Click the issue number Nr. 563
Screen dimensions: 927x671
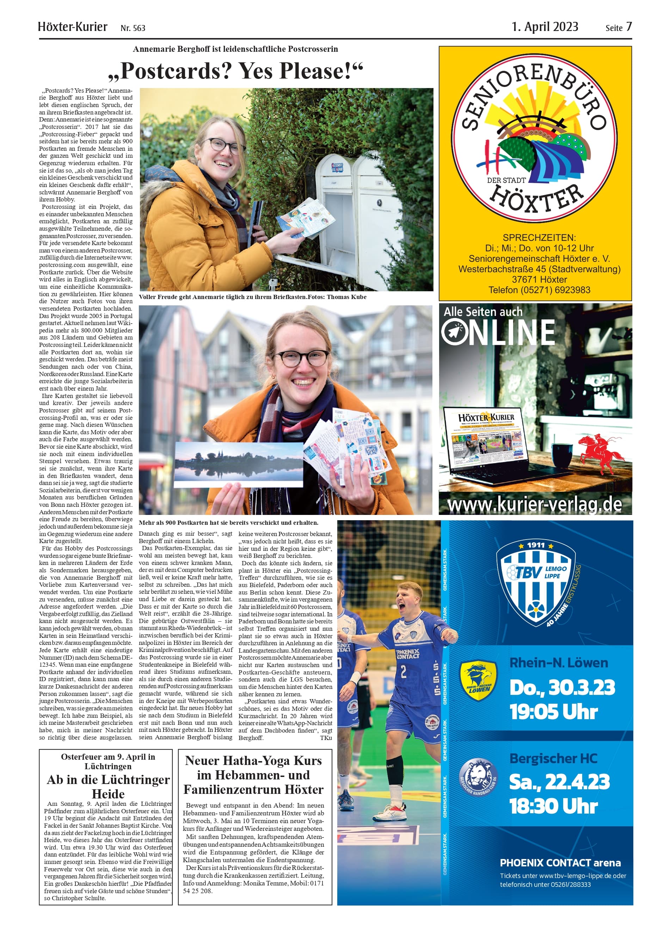click(133, 28)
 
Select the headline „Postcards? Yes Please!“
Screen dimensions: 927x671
click(235, 71)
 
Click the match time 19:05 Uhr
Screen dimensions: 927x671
click(554, 711)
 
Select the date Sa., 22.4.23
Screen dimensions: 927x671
click(559, 781)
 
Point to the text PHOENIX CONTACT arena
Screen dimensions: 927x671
click(560, 863)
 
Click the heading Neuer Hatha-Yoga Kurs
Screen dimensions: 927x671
click(253, 761)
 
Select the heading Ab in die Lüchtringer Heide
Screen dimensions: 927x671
click(108, 787)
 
